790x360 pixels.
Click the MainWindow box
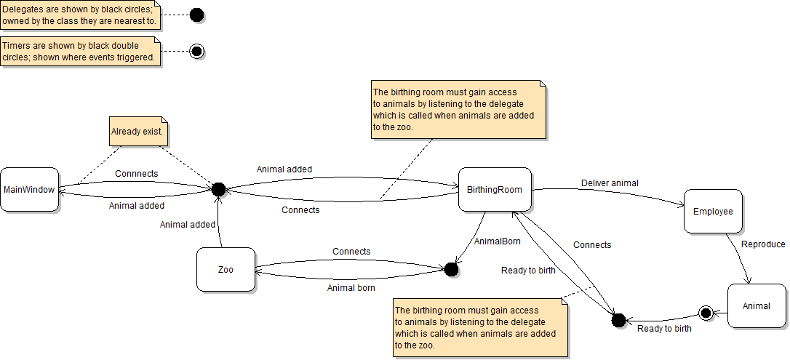pos(30,190)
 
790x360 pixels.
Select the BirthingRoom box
pos(495,190)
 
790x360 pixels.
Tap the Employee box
pos(713,211)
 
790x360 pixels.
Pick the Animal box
pos(757,305)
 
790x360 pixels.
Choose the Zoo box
pos(226,269)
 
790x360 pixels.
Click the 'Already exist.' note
pos(139,133)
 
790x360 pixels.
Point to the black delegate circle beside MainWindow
pos(218,189)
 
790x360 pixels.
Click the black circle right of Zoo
pos(451,270)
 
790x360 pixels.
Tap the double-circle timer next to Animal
pos(704,313)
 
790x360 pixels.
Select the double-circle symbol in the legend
pos(196,52)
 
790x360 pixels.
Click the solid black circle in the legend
pos(196,15)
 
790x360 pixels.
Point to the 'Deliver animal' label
pos(610,183)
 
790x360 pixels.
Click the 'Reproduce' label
pos(763,244)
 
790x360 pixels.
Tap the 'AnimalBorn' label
pos(497,241)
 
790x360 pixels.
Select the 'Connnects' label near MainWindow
pos(137,174)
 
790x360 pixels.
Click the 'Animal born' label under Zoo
pos(351,287)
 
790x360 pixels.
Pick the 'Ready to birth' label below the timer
pos(664,329)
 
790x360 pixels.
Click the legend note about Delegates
pos(80,15)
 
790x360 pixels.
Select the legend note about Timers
pos(80,52)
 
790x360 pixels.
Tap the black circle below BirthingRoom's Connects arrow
pos(618,320)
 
